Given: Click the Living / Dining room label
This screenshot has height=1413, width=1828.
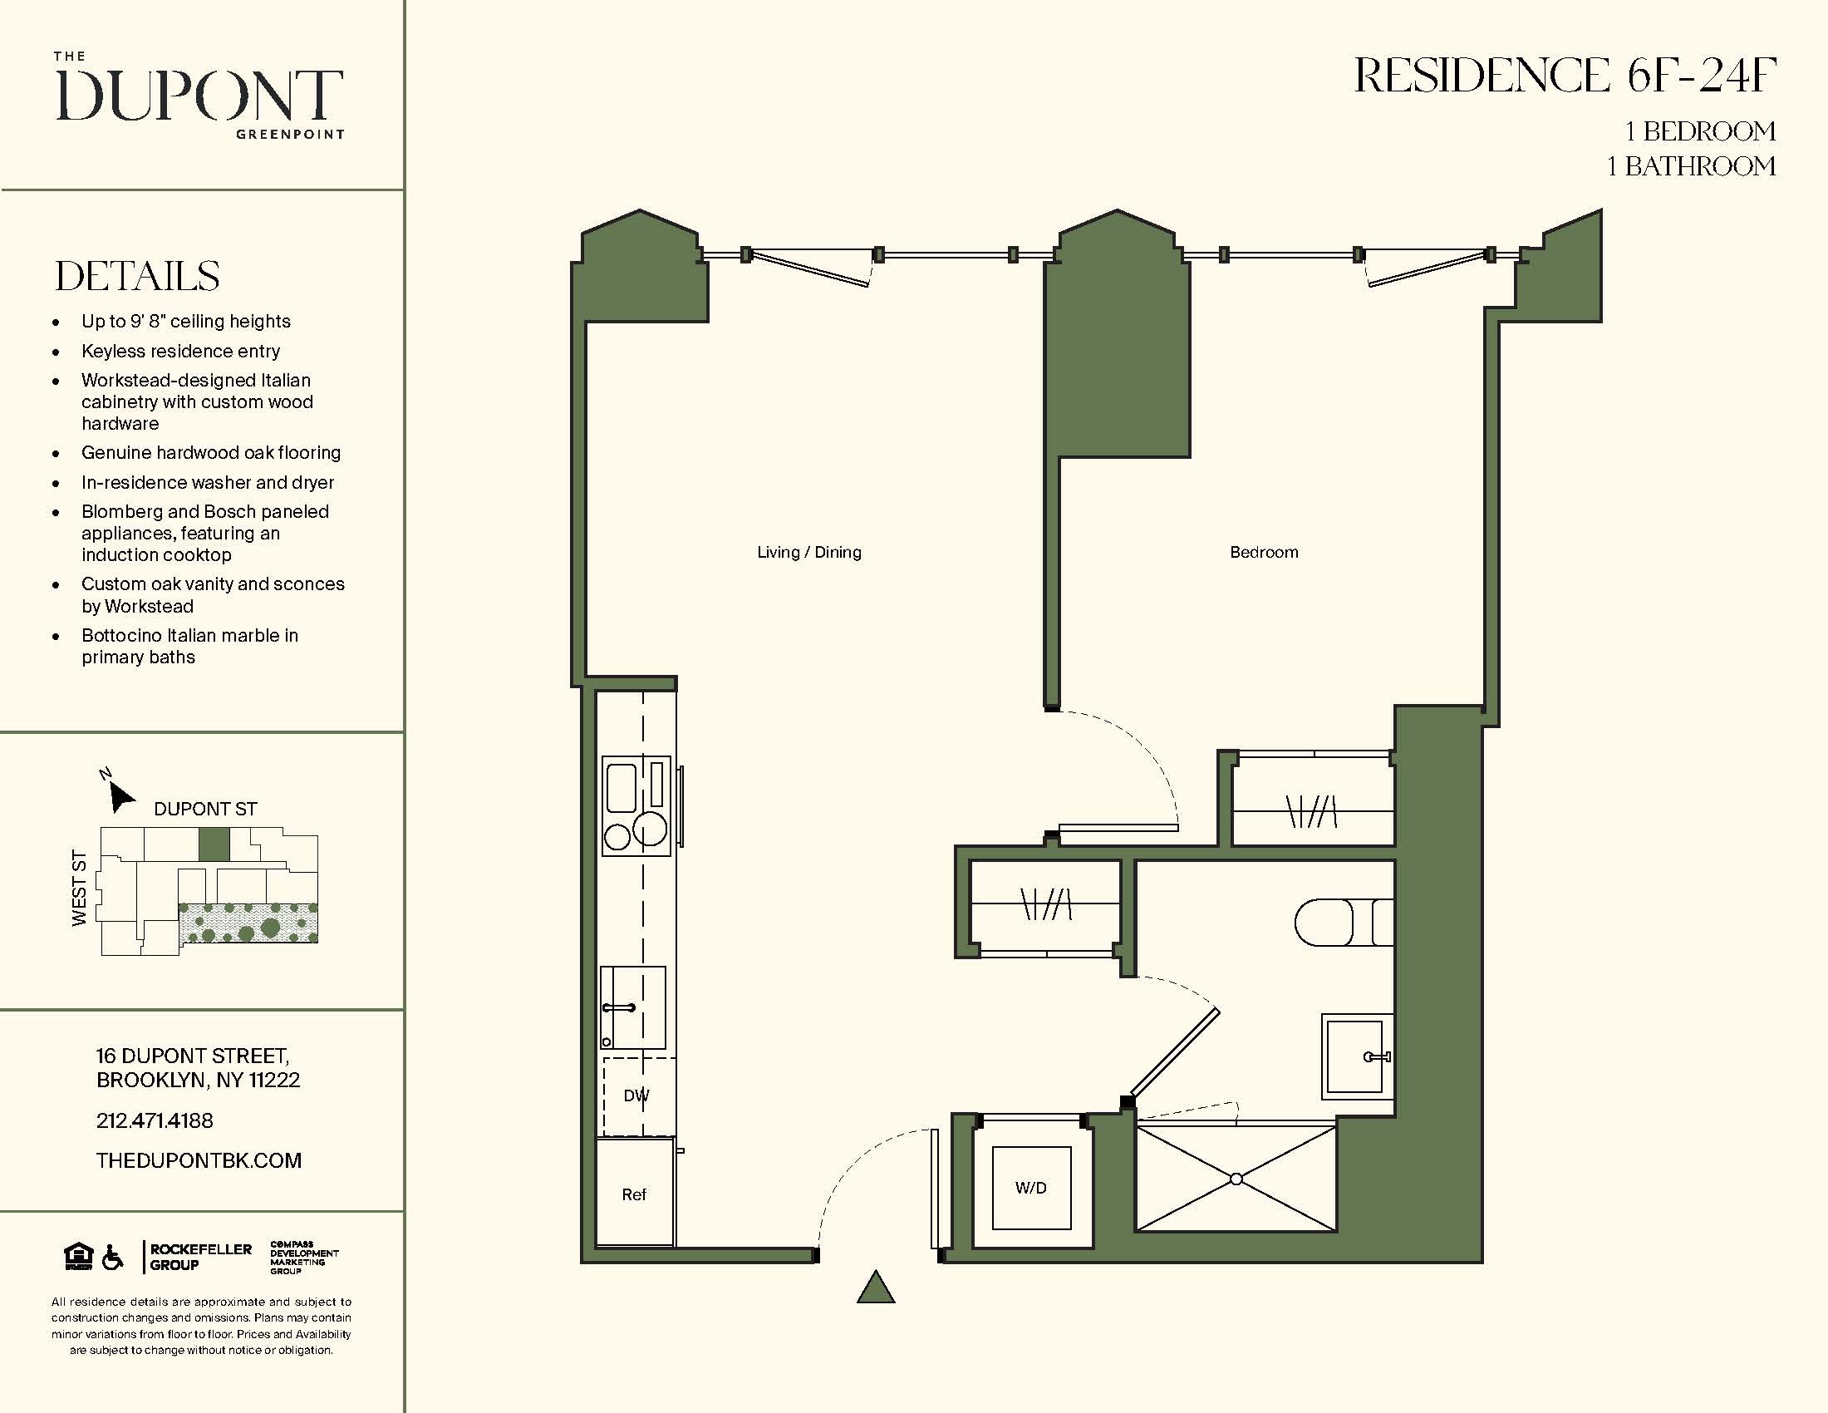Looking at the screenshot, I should click(x=808, y=552).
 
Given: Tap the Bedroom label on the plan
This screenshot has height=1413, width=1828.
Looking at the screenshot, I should click(x=1263, y=552).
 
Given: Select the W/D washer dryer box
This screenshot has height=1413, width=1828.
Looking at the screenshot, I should click(x=1031, y=1187).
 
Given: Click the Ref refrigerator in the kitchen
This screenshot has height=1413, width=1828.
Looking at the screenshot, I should click(x=635, y=1194).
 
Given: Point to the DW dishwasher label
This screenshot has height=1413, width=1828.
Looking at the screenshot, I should click(x=636, y=1095).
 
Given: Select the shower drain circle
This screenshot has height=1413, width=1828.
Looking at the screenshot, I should click(x=1236, y=1179).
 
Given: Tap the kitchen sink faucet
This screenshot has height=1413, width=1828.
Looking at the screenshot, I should click(x=618, y=1008).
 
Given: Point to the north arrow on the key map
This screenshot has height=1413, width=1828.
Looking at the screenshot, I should click(x=120, y=796).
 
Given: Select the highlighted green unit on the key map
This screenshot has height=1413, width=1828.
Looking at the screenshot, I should click(x=214, y=844).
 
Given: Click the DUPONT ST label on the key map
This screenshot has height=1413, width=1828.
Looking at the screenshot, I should click(x=205, y=809).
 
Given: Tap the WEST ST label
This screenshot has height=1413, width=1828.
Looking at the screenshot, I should click(x=80, y=888).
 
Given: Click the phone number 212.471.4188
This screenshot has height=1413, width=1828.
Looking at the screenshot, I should click(x=155, y=1120).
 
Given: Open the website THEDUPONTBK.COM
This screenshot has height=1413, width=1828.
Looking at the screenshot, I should click(x=199, y=1160).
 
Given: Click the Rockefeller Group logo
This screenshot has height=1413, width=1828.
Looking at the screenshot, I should click(x=199, y=1257).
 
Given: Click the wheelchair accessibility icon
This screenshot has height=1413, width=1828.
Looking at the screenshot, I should click(x=112, y=1257).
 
